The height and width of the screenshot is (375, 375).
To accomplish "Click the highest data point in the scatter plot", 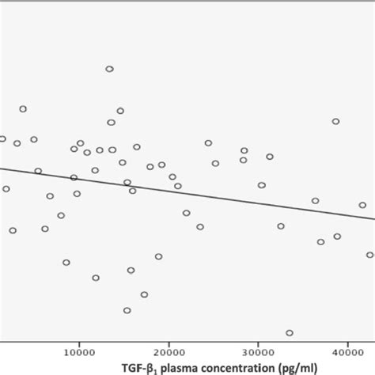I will pos(110,69).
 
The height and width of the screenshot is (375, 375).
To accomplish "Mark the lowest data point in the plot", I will pos(290,333).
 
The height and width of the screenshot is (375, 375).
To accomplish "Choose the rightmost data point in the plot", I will pos(369,255).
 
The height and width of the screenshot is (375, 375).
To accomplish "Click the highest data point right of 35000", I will pos(335,121).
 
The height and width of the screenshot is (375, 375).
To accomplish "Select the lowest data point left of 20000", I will pos(127,310).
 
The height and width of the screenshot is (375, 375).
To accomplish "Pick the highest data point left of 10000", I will pos(23,108).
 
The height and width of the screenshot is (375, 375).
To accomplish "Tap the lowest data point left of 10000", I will pos(66,262).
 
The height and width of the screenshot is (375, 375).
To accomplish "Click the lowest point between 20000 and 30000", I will pos(200,226).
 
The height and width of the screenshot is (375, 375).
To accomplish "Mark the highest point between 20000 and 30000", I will pos(208,143).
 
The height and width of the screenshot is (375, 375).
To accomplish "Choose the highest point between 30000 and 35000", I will pos(270,157).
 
